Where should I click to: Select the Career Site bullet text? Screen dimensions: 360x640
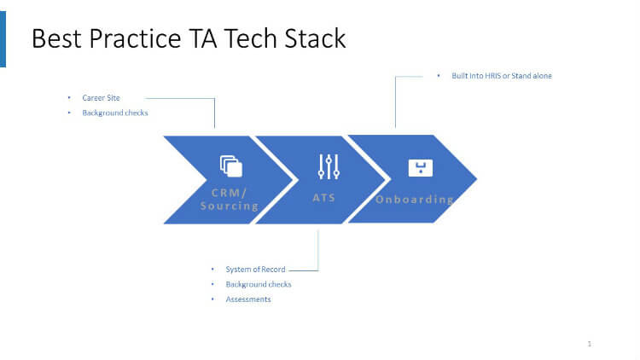pyautogui.click(x=101, y=98)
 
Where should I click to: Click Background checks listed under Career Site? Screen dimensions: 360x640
pyautogui.click(x=115, y=113)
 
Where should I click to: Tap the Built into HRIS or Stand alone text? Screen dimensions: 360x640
pyautogui.click(x=502, y=76)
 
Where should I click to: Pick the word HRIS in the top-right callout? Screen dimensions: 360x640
pyautogui.click(x=495, y=76)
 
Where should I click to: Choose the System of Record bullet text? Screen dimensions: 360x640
pyautogui.click(x=255, y=270)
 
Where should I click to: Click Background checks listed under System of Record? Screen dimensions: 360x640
pyautogui.click(x=259, y=284)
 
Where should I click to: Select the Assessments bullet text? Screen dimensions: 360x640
pyautogui.click(x=248, y=299)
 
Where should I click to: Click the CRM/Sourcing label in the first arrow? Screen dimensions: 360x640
pyautogui.click(x=229, y=199)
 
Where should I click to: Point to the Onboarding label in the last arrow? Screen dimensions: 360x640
pyautogui.click(x=415, y=200)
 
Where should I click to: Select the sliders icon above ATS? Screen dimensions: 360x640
pyautogui.click(x=329, y=166)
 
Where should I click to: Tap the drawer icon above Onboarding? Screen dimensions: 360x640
pyautogui.click(x=421, y=167)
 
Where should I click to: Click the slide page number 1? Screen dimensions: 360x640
pyautogui.click(x=590, y=344)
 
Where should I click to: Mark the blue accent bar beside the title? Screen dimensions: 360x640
pyautogui.click(x=3, y=38)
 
